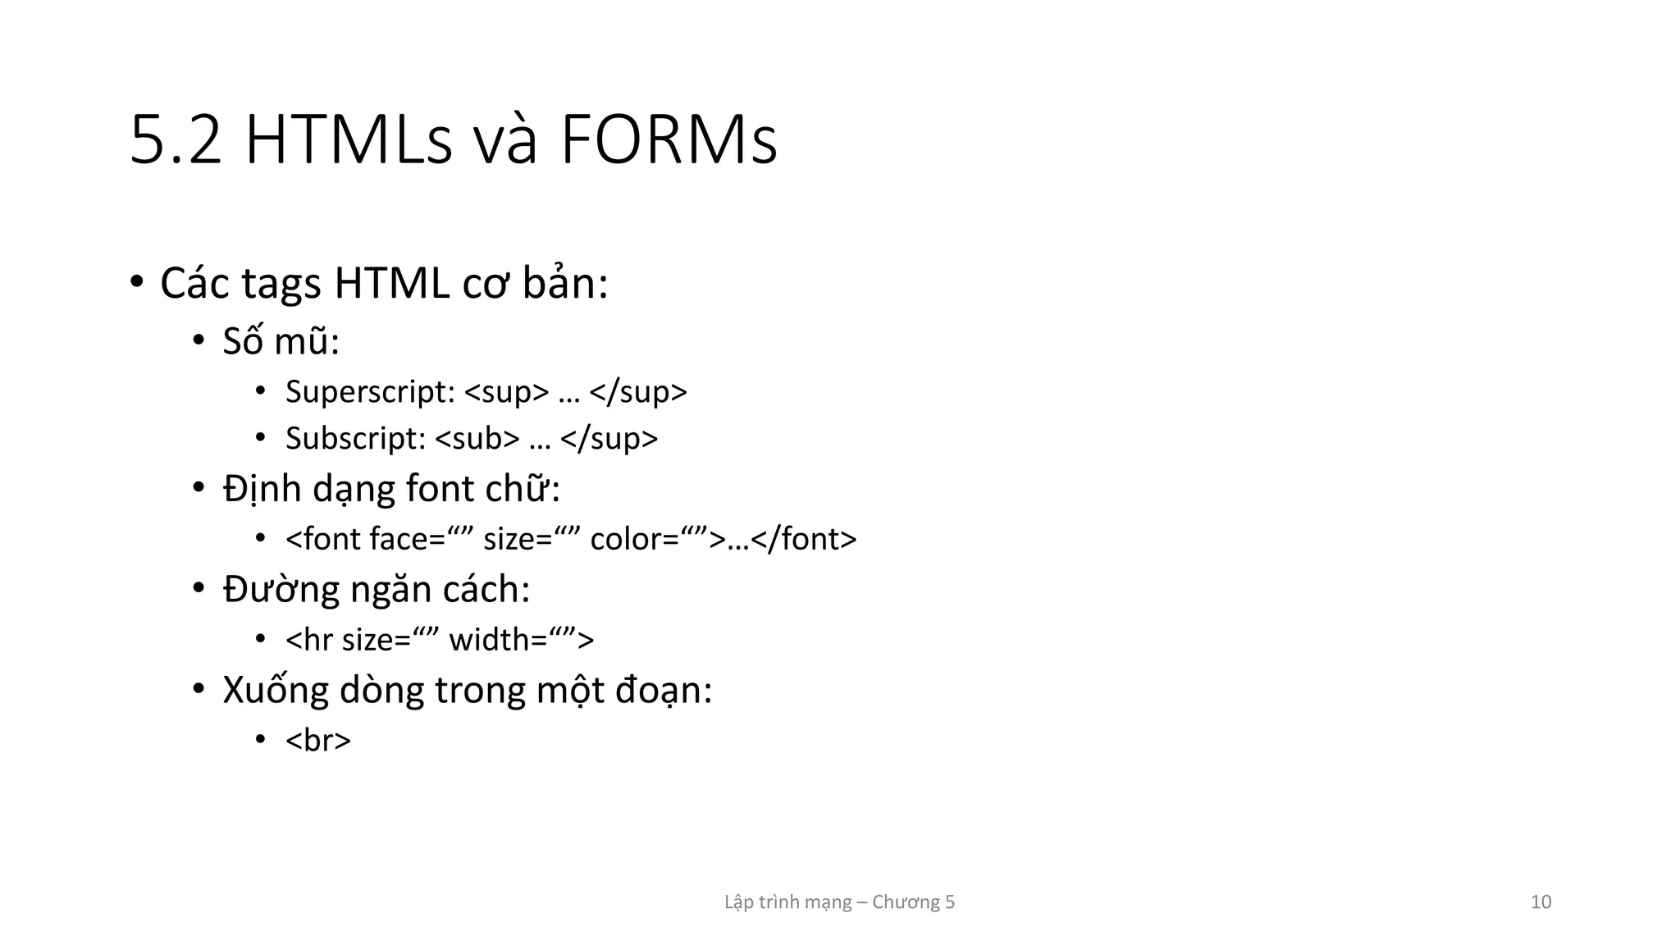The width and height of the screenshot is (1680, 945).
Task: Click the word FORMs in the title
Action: click(669, 141)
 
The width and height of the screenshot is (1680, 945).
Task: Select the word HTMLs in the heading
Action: click(348, 141)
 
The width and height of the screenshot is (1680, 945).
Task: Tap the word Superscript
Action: click(370, 392)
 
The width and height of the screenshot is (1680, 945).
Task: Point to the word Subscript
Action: click(355, 439)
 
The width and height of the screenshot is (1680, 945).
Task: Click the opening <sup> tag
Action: click(506, 392)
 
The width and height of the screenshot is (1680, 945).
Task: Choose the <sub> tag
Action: click(477, 439)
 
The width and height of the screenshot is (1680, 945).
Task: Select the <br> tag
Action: click(318, 740)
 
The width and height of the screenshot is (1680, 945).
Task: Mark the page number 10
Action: click(1541, 902)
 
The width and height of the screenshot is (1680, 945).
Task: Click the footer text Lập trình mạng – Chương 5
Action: click(839, 902)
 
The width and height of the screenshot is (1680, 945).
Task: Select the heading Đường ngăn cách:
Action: click(377, 590)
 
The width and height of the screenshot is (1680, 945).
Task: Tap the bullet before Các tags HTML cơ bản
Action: click(137, 282)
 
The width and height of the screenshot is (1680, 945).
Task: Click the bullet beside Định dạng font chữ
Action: click(199, 489)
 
